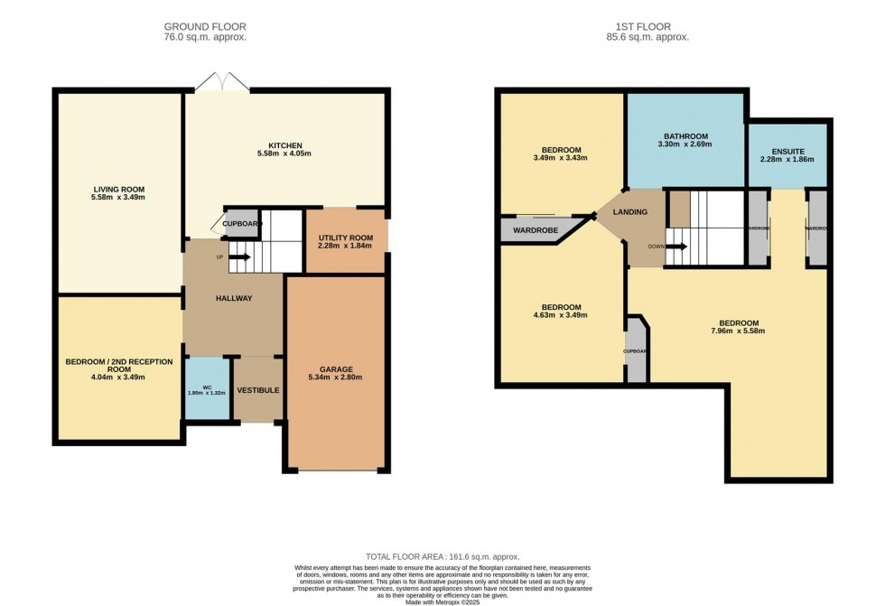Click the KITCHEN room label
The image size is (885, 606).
tap(284, 145)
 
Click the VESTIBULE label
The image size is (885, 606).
tap(258, 390)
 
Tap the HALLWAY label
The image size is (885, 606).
tap(234, 298)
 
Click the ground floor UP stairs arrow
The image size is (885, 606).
tap(239, 257)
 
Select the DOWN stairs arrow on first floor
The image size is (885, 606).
tap(674, 245)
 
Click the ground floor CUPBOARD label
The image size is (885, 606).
tap(242, 223)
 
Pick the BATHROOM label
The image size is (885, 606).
tap(685, 136)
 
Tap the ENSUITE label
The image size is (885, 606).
tap(787, 151)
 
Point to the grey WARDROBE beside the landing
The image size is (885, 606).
tap(536, 229)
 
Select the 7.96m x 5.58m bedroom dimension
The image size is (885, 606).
tap(739, 331)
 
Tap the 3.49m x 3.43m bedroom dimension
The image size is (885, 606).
tap(561, 158)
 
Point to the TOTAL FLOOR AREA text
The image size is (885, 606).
tap(442, 556)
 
